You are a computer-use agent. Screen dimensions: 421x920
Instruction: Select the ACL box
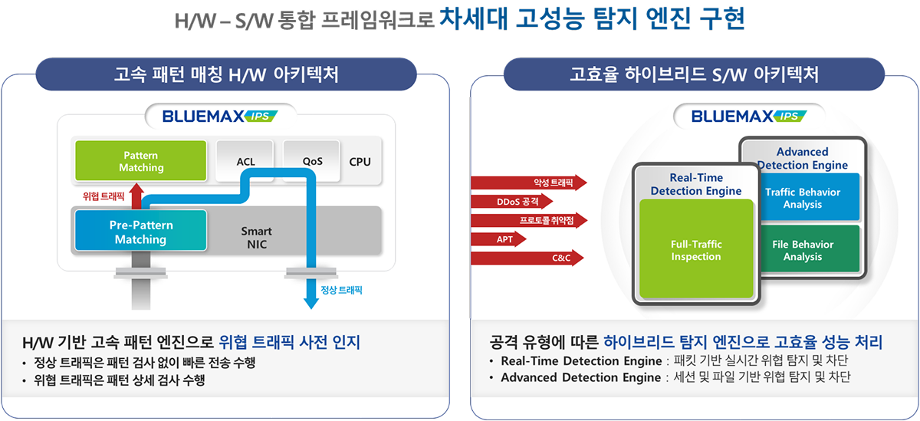[x=245, y=162]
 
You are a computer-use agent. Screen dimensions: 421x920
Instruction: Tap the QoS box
[x=312, y=162]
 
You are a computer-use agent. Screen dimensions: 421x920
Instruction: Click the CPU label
[x=360, y=162]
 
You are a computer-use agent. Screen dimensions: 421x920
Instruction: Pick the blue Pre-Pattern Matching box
[x=140, y=232]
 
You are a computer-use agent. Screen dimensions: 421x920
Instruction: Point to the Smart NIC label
[x=256, y=238]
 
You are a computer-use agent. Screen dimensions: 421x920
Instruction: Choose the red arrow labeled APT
[x=498, y=239]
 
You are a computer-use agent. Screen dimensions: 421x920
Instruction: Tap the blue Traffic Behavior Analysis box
[x=802, y=198]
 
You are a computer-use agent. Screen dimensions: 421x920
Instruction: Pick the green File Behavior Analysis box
[x=802, y=250]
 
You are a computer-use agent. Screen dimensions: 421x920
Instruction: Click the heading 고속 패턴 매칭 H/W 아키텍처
[x=226, y=74]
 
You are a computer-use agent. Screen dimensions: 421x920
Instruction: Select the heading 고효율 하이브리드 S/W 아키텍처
[x=694, y=74]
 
